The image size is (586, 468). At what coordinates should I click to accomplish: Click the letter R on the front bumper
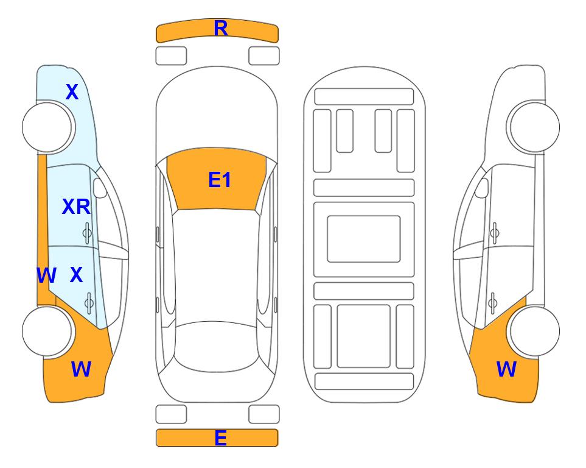(x=221, y=29)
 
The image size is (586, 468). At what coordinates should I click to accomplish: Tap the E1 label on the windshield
(x=220, y=180)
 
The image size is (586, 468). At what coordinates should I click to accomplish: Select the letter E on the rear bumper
(x=220, y=438)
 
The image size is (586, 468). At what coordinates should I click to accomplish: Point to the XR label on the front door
(x=76, y=207)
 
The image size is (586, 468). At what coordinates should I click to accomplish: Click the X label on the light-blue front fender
(x=72, y=92)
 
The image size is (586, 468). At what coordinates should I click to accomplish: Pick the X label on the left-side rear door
(x=76, y=275)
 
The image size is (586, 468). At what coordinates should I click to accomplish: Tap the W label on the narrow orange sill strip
(x=46, y=275)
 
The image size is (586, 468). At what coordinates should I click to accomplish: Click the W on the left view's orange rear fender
(x=81, y=369)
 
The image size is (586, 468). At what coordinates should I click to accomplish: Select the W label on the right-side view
(x=506, y=369)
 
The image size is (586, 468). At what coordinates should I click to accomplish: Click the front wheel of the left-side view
(x=47, y=127)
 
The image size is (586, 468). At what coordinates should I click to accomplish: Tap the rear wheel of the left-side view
(x=47, y=331)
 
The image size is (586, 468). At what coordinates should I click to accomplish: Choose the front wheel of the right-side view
(x=534, y=127)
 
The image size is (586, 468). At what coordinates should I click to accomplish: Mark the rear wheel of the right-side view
(x=534, y=331)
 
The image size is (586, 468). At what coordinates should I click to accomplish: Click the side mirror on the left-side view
(x=100, y=188)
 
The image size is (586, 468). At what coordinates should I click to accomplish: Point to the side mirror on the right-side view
(x=482, y=188)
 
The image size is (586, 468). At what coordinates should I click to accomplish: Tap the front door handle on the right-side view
(x=495, y=233)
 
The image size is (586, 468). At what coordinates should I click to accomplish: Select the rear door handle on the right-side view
(x=493, y=303)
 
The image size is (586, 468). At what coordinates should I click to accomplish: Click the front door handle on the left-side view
(x=87, y=233)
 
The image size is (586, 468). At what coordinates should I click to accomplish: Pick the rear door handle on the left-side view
(x=89, y=303)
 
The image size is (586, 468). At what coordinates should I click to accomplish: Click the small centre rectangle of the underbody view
(x=364, y=239)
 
